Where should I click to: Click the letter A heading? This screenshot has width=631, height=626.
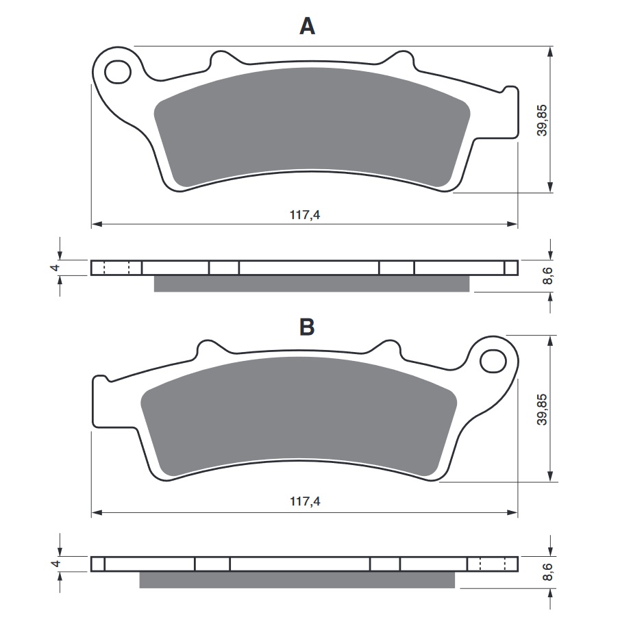(307, 27)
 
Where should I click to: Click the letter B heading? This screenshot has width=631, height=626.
(307, 327)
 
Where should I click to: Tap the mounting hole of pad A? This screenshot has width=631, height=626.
(118, 73)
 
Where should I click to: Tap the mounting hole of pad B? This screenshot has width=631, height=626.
(493, 361)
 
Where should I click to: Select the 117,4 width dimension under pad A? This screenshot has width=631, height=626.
(305, 215)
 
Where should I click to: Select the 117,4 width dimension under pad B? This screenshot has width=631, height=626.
(305, 501)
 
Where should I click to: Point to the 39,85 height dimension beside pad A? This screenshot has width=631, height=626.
(542, 120)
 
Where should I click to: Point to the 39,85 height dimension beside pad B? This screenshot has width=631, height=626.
(542, 409)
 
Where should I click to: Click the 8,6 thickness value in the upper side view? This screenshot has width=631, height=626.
(547, 276)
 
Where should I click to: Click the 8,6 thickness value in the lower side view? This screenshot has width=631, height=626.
(547, 572)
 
